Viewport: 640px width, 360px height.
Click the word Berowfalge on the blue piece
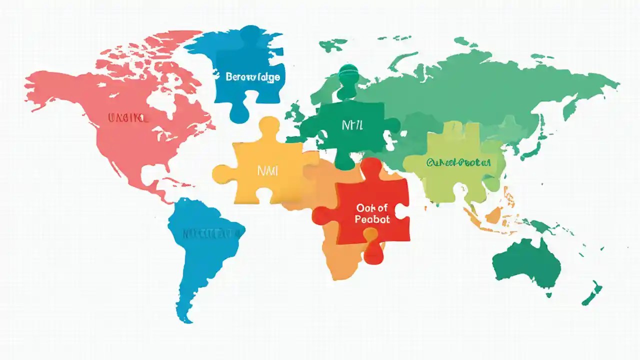point(252,77)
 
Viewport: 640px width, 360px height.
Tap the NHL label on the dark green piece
point(352,125)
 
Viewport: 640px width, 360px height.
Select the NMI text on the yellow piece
point(267,170)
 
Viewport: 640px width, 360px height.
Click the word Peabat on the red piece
point(372,219)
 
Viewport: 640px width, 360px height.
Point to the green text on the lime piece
point(458,162)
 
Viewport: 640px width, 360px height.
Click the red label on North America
point(128,118)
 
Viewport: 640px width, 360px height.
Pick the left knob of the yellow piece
point(222,173)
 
